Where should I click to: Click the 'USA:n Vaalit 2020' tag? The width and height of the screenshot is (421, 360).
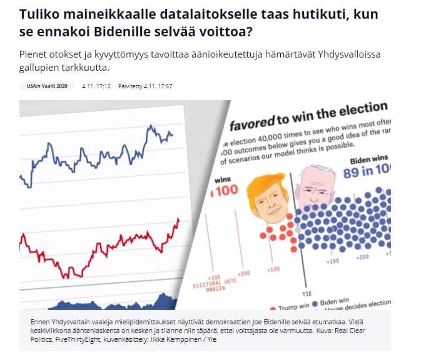(x=47, y=85)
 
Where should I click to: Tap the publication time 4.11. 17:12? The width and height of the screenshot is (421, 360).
(x=96, y=85)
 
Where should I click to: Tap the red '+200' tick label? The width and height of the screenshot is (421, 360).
(x=243, y=274)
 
